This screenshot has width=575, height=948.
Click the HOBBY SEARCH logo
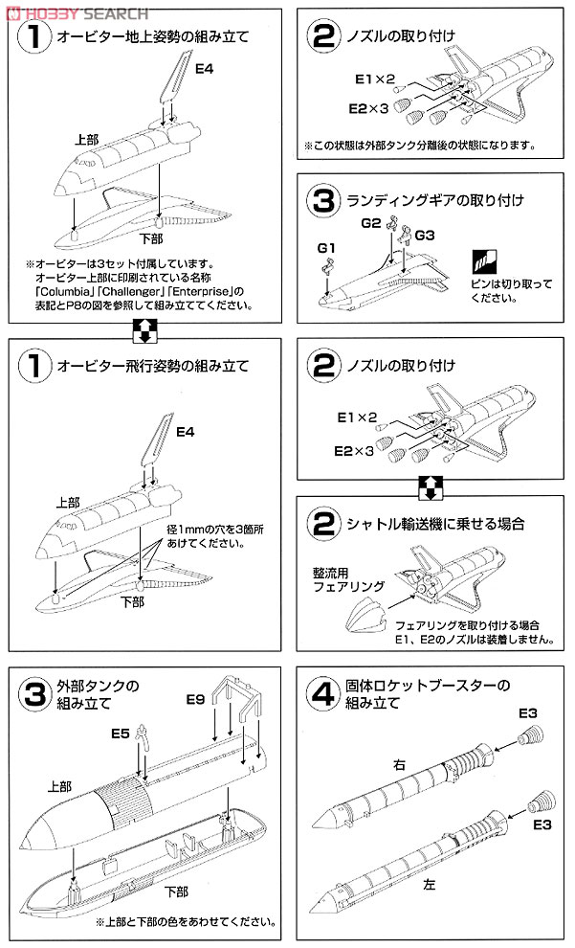point(75,11)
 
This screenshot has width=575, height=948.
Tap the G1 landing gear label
point(325,249)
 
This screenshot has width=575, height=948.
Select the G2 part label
point(371,223)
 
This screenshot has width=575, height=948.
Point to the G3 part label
point(425,235)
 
